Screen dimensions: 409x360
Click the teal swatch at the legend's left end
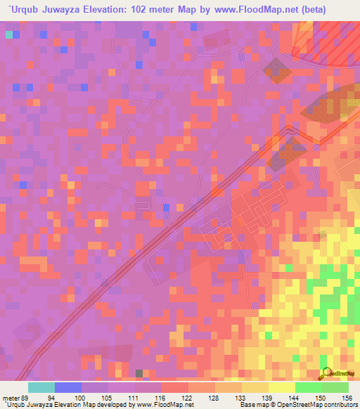[x=41, y=387]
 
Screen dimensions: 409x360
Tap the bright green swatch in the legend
[x=308, y=387]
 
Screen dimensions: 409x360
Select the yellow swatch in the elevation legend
[x=281, y=387]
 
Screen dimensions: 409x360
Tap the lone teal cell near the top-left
[x=9, y=34]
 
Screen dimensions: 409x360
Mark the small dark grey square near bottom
[x=140, y=373]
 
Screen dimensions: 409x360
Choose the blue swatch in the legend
[x=68, y=387]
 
